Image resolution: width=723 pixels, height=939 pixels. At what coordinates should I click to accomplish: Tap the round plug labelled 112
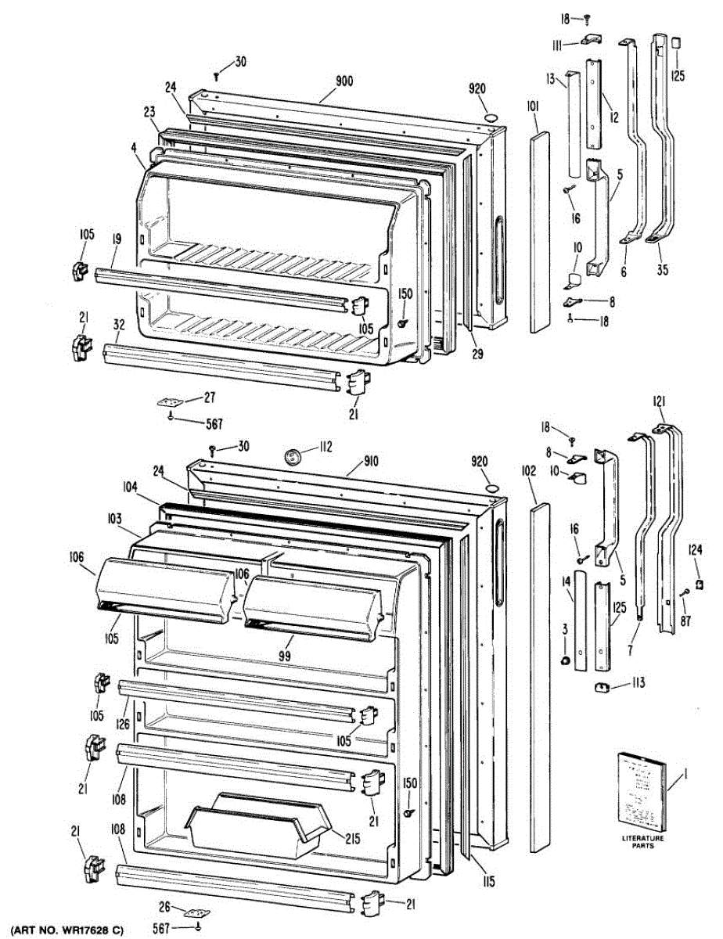(x=295, y=455)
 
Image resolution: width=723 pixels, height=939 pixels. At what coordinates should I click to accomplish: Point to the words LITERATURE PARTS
(x=642, y=843)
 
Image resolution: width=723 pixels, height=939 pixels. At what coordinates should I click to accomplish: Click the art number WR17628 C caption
(x=68, y=930)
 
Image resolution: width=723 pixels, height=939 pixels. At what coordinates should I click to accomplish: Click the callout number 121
(x=659, y=401)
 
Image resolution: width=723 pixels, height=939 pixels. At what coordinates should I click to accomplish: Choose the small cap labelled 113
(x=602, y=687)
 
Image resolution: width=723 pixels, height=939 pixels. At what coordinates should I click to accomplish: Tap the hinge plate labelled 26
(x=192, y=912)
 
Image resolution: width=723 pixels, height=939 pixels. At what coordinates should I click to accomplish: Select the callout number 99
(x=284, y=656)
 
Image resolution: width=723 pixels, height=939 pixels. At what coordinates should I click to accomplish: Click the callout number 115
(x=488, y=883)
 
